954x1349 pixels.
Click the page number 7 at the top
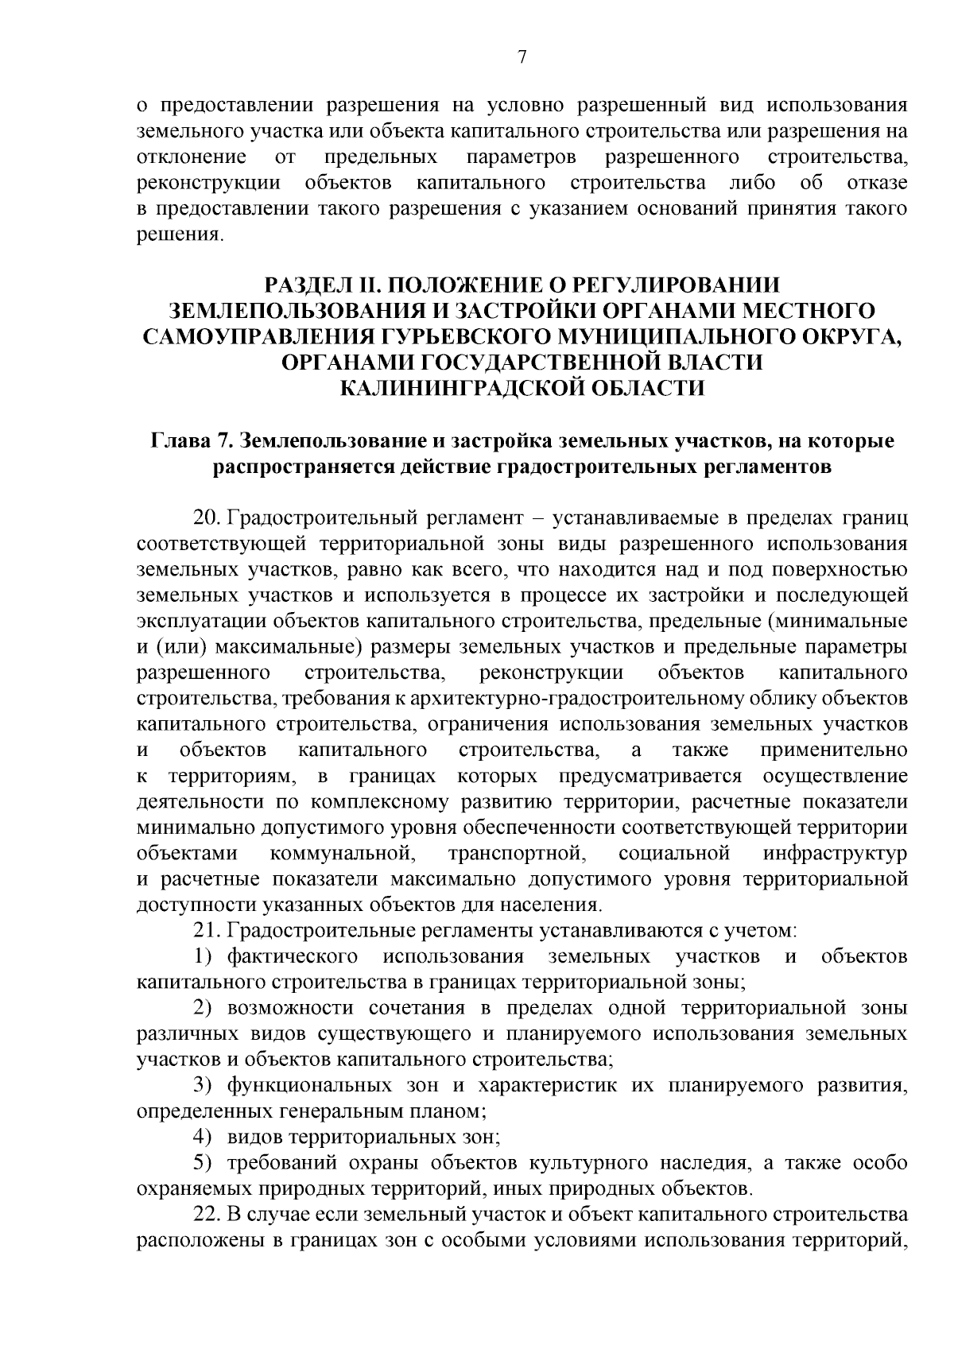pos(522,56)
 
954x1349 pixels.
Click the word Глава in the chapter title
pos(188,440)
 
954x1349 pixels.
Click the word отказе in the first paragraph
pos(877,183)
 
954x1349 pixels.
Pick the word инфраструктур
pos(835,854)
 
